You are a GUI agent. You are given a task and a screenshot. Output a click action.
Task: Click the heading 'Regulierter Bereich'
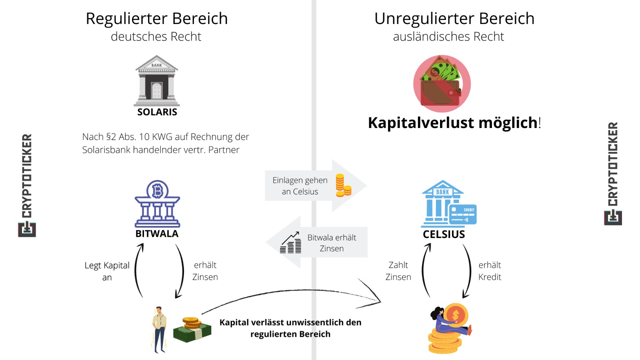156,19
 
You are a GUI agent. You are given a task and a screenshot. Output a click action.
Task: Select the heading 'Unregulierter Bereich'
454,19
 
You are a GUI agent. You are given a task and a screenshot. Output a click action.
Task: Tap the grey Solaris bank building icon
157,80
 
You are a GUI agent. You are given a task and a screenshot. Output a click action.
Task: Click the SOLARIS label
157,112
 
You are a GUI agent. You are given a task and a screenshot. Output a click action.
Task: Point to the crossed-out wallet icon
442,84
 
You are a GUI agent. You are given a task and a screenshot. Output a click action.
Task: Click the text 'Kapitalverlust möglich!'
454,123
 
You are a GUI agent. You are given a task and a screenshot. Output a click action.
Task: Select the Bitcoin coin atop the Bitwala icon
157,190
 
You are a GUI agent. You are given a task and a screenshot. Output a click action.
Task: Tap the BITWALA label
157,234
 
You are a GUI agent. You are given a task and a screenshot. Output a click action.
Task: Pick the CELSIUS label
444,234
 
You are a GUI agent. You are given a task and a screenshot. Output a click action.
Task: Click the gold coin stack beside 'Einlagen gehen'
343,186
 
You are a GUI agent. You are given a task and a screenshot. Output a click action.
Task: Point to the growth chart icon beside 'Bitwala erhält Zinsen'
290,243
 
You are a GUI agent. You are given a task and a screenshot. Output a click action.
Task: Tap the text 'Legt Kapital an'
107,271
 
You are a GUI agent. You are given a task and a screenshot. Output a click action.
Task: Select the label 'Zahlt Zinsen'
398,271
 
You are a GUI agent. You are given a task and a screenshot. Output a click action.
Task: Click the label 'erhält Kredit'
490,271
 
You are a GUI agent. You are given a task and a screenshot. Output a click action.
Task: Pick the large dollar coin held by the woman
455,315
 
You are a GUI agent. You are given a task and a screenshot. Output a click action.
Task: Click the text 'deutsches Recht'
156,37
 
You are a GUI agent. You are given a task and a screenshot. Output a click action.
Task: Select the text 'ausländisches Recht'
448,37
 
